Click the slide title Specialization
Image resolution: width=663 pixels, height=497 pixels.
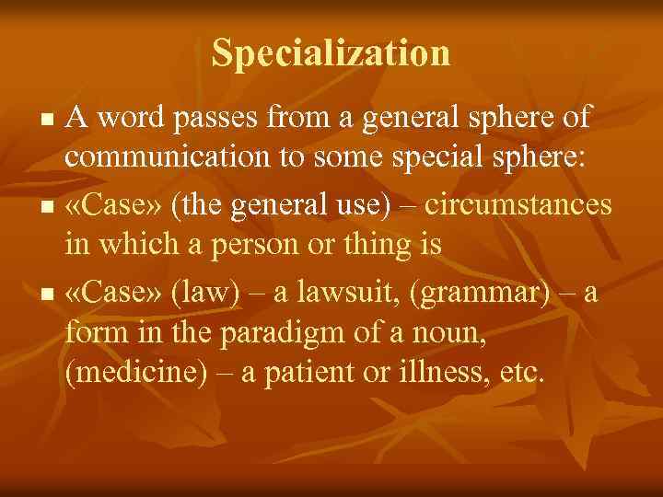(331, 52)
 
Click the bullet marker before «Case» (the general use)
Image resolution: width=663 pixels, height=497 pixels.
(51, 207)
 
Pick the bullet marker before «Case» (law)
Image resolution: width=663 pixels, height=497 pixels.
(51, 295)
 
